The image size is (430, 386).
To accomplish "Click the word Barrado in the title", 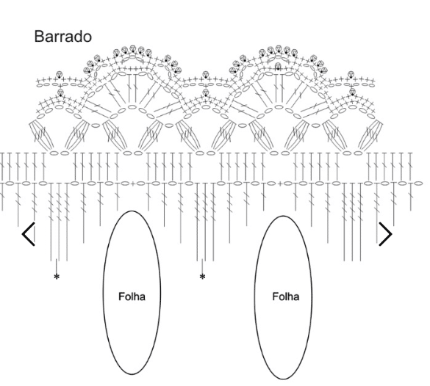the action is (62, 37).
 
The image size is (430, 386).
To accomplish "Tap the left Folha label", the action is (132, 296).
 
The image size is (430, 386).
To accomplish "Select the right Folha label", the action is (285, 296).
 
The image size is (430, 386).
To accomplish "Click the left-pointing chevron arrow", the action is (29, 234).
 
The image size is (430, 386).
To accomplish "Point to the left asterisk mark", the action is (57, 277).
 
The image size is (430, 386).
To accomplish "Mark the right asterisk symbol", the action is (202, 277).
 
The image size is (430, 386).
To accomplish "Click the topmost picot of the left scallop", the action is (133, 48).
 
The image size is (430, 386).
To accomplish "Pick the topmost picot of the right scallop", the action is (279, 48).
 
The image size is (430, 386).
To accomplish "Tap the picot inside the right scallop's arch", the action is (278, 66).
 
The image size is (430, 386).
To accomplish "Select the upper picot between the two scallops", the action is (206, 74).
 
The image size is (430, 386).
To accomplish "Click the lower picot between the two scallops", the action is (206, 92).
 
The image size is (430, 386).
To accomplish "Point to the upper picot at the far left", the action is (60, 74).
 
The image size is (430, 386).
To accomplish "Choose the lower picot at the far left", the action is (60, 92).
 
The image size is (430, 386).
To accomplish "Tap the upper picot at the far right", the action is (351, 74).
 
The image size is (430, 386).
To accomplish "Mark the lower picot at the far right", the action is (353, 92).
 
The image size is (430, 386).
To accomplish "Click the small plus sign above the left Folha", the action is (133, 183).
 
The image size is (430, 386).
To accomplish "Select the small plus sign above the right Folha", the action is (280, 183).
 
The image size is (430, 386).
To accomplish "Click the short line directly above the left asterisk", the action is (56, 266).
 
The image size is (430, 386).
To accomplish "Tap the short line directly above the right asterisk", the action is (202, 266).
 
